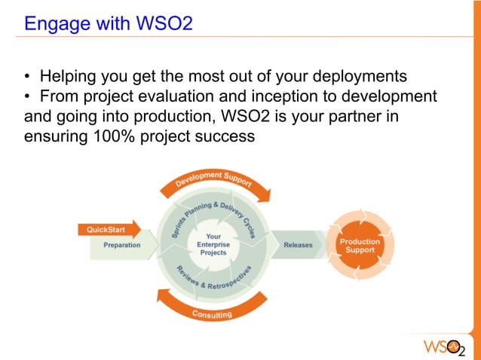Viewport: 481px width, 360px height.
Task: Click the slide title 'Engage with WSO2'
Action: click(x=109, y=23)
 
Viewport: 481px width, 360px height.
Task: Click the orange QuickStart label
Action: click(x=106, y=229)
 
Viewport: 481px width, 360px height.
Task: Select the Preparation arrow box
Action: click(x=121, y=246)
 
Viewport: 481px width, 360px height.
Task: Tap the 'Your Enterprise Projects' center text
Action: click(x=213, y=245)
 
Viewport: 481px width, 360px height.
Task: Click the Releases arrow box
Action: click(x=298, y=246)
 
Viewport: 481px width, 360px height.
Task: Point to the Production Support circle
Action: click(x=360, y=246)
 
